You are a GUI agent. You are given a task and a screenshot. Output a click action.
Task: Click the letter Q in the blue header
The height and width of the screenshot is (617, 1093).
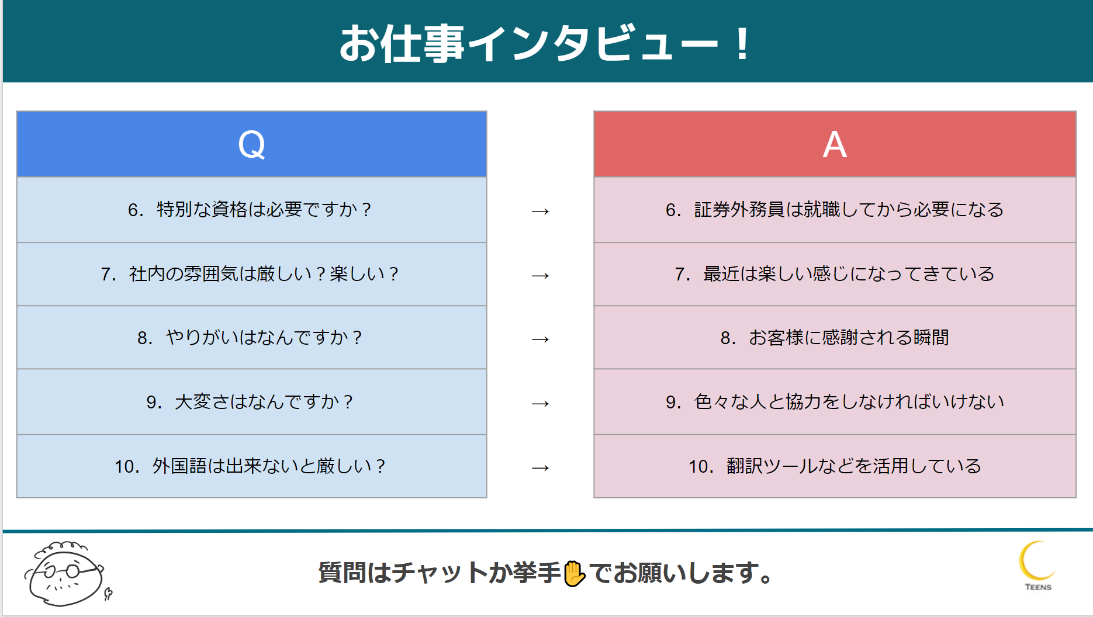251,145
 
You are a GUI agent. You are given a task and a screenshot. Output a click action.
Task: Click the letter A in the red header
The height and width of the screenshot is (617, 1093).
835,145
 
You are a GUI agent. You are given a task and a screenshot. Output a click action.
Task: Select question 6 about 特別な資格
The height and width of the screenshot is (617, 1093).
250,210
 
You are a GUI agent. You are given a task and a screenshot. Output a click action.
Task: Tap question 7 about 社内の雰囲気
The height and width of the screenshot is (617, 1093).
250,274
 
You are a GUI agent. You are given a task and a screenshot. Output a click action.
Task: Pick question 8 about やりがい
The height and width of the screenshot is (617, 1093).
250,338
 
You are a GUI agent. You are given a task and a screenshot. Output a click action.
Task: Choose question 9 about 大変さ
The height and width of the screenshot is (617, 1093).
250,402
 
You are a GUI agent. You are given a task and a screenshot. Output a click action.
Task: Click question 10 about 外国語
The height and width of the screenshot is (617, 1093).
250,466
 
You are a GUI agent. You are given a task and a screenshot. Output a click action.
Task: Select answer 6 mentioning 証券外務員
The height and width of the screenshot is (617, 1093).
835,210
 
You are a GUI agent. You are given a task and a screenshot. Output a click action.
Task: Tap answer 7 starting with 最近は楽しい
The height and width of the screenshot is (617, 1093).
835,274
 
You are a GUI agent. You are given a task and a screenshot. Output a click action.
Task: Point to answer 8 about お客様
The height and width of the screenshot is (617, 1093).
835,338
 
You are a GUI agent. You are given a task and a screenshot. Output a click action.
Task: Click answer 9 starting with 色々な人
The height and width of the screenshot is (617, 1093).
835,402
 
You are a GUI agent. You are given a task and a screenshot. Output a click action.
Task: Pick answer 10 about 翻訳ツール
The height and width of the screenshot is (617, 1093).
835,466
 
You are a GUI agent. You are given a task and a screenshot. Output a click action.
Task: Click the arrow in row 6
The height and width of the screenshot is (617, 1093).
540,212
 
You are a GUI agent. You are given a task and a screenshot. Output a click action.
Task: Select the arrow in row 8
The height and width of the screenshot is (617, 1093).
540,339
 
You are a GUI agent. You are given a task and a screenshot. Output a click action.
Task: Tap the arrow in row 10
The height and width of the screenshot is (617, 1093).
540,468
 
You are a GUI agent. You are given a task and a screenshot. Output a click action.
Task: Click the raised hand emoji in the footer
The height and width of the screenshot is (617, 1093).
575,573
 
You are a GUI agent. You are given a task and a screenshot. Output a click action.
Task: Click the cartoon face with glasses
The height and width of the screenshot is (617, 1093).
65,574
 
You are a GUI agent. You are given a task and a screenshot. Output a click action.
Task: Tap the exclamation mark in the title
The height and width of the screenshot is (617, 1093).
742,44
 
